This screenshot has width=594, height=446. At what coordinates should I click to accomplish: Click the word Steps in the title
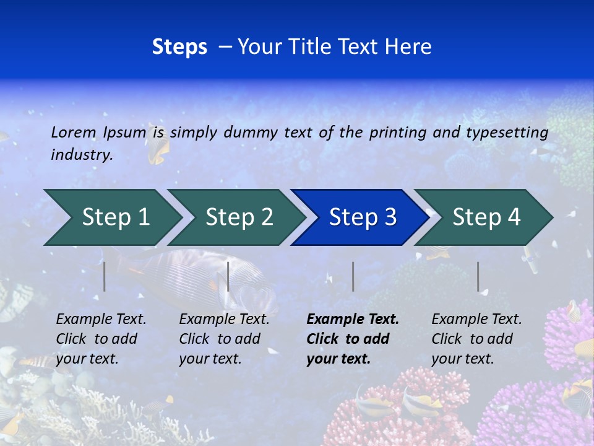179,47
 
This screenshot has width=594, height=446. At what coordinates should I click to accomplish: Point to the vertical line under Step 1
105,276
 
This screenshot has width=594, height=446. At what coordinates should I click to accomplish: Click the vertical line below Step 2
228,276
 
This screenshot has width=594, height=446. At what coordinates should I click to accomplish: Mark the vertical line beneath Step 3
353,276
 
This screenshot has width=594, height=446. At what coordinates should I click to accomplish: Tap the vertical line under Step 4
478,276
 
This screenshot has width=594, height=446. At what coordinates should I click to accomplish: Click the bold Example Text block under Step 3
353,339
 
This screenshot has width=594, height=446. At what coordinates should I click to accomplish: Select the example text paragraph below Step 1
101,339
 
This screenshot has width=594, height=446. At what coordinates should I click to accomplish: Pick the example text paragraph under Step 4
476,339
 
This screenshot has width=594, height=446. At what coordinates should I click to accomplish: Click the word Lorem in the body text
74,132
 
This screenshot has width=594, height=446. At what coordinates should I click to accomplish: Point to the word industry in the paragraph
81,155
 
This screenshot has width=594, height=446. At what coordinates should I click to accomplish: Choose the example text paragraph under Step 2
224,339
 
